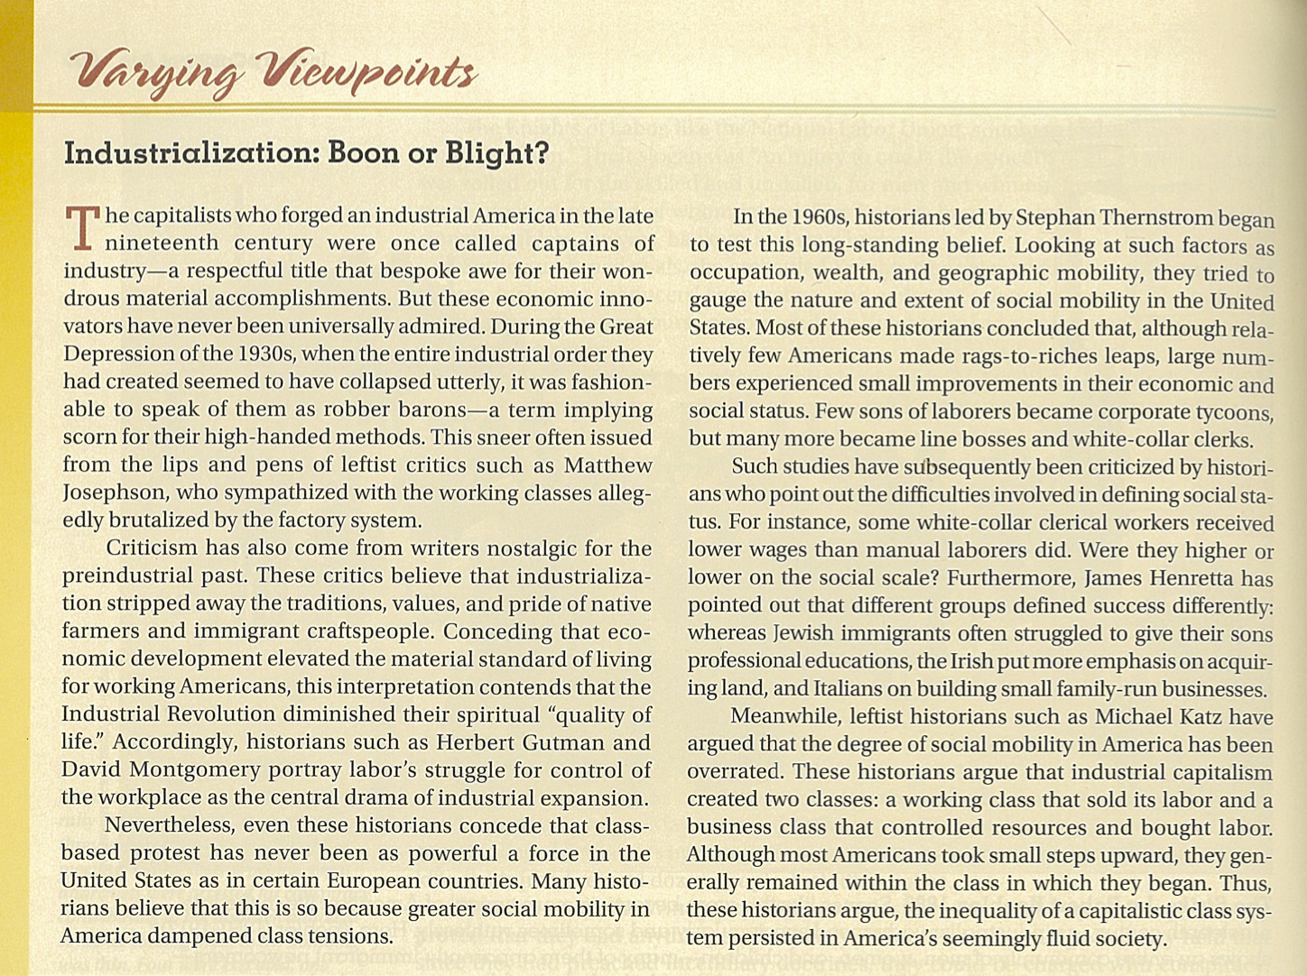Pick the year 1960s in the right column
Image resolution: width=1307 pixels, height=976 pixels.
coord(818,217)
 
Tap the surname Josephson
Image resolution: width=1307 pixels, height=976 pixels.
coord(115,493)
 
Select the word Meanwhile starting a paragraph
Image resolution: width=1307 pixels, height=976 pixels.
coord(783,717)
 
